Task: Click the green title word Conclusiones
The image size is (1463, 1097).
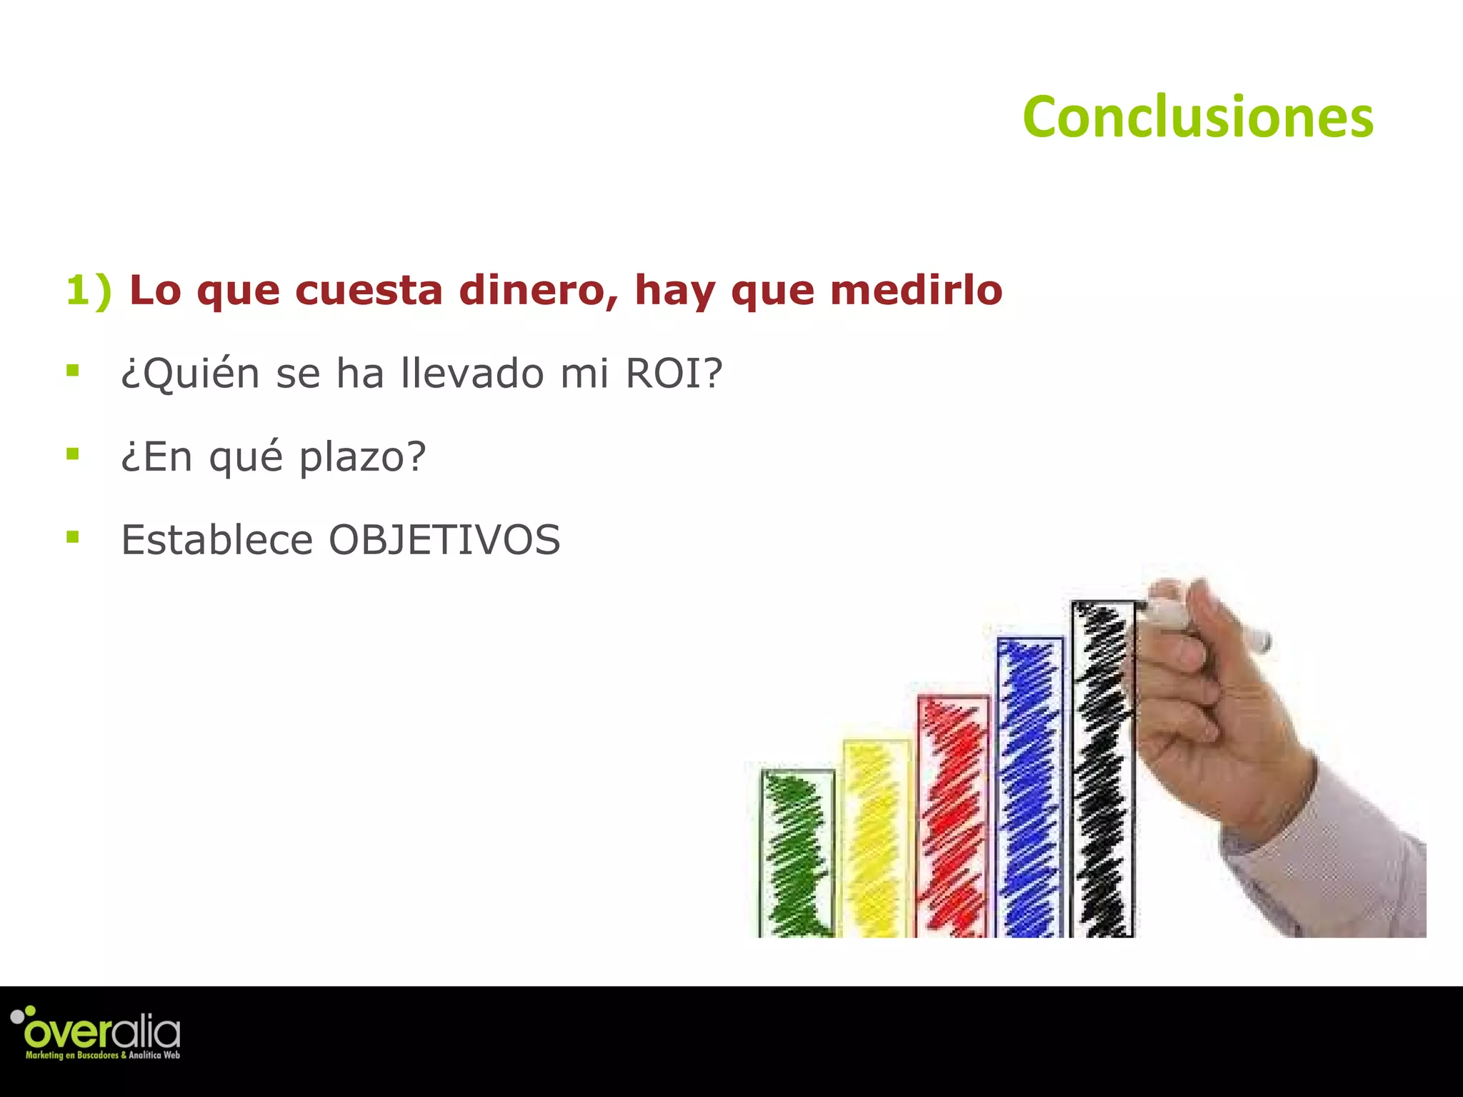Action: [1198, 117]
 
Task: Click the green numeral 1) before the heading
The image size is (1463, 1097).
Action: [89, 291]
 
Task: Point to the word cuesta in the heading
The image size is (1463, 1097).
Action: [369, 291]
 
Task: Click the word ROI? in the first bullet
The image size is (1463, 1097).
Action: [674, 374]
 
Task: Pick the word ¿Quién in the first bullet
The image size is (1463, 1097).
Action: [190, 374]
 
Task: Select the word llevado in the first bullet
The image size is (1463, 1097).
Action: [472, 374]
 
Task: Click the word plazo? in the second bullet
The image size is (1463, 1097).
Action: [362, 457]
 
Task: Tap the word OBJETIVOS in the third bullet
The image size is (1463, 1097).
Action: [444, 540]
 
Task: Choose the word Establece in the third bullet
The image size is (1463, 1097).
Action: [216, 540]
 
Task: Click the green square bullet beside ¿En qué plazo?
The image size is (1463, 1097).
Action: [72, 454]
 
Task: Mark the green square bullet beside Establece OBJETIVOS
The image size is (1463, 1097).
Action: [72, 536]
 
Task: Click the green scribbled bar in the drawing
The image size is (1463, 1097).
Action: [797, 853]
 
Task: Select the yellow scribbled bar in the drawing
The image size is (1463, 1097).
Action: [875, 839]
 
